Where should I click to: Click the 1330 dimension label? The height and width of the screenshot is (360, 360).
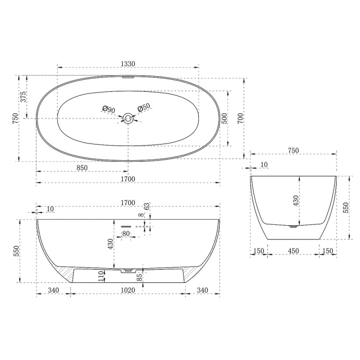click(128, 64)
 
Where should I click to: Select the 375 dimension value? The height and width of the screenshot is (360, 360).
click(23, 97)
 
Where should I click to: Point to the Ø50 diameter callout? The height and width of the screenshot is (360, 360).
click(144, 108)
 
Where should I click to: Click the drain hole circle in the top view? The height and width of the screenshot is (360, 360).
click(128, 119)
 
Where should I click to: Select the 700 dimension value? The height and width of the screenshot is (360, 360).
click(239, 118)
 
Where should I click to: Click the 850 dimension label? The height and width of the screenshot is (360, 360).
click(81, 168)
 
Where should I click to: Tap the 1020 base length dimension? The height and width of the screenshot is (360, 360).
click(128, 291)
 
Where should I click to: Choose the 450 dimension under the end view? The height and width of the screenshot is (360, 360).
click(293, 251)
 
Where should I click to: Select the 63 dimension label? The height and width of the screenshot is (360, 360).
click(147, 207)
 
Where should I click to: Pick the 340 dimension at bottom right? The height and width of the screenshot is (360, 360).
click(202, 291)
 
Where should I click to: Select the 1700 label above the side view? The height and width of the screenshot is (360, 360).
click(128, 202)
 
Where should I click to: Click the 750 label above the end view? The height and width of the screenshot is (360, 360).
click(293, 150)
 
